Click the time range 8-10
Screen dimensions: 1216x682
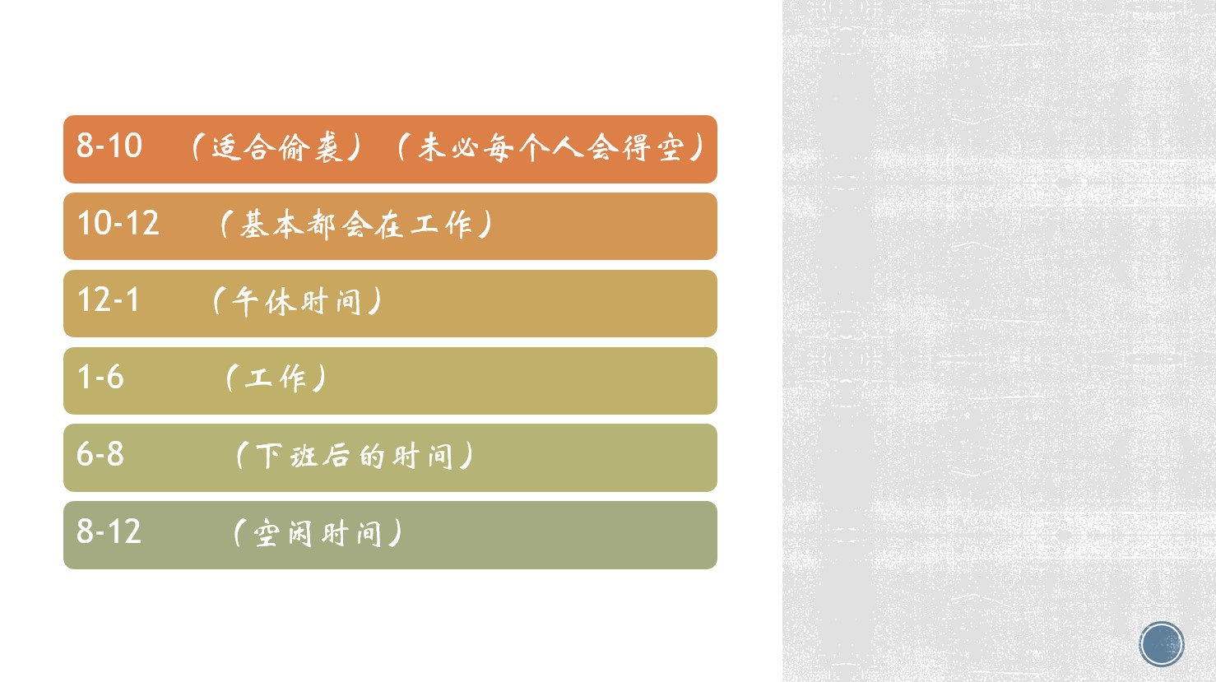click(x=109, y=146)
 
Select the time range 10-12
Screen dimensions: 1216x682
click(x=118, y=223)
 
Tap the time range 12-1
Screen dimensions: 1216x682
click(x=109, y=299)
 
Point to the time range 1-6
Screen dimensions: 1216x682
click(x=100, y=377)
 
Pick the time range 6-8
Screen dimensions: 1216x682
click(x=100, y=454)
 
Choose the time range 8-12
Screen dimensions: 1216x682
click(x=109, y=531)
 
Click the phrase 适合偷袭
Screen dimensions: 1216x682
click(x=277, y=147)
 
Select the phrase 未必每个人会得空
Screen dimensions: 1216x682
click(x=551, y=147)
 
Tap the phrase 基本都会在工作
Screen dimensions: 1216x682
click(x=356, y=225)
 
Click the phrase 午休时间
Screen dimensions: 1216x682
click(x=296, y=301)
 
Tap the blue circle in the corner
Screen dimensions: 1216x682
click(x=1162, y=644)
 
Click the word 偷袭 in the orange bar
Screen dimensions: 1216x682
click(x=310, y=147)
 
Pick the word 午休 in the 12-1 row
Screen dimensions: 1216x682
click(x=263, y=301)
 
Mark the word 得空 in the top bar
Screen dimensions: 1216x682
click(x=653, y=147)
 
